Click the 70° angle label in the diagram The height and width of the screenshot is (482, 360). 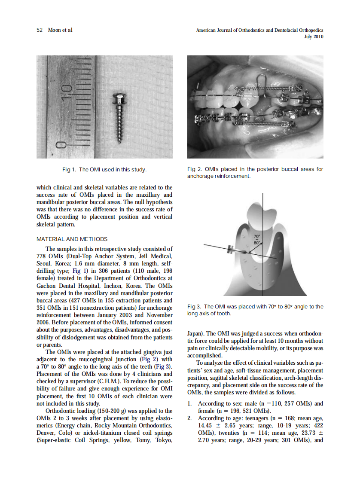coord(256,237)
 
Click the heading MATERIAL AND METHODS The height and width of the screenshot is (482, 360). coord(72,239)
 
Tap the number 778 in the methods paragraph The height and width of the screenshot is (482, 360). coord(43,256)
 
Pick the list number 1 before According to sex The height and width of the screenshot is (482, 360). coord(190,403)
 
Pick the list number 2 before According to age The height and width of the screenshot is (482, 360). coord(190,418)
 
